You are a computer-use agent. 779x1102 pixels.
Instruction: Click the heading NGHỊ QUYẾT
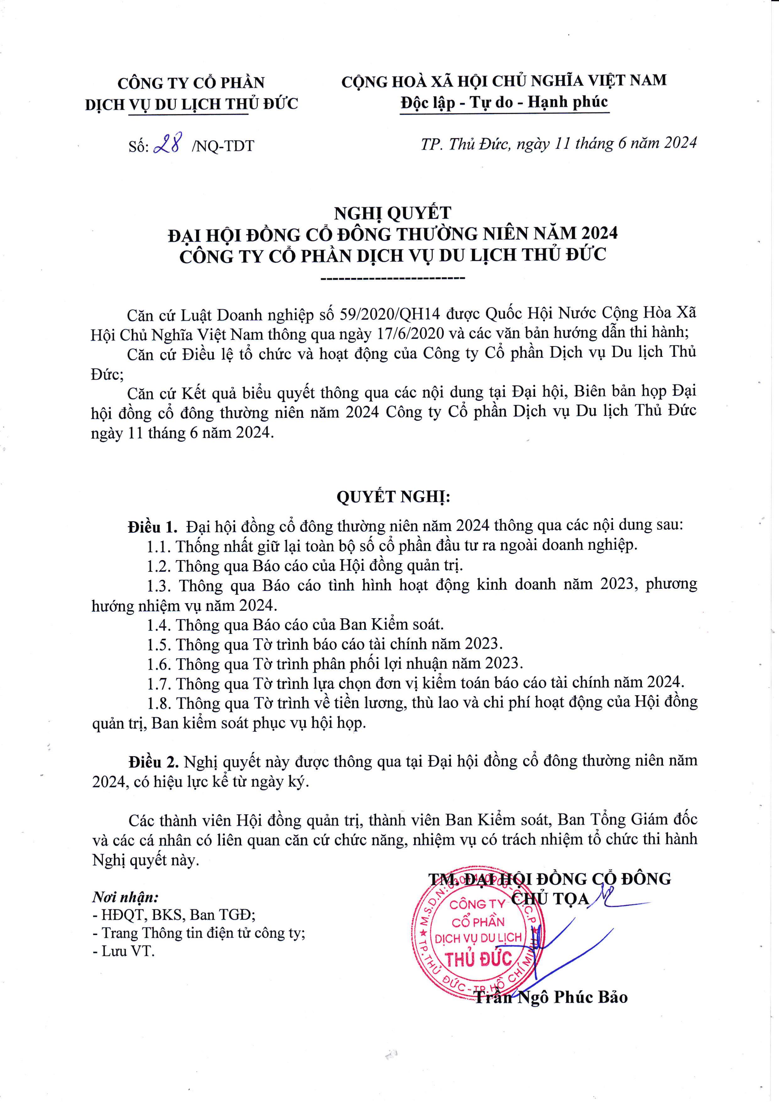point(392,213)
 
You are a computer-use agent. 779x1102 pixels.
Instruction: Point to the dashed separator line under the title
point(392,278)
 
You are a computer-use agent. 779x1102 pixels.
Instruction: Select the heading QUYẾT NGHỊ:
point(393,497)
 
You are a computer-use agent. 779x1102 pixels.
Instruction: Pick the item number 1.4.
point(159,625)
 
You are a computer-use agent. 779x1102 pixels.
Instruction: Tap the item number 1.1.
point(159,546)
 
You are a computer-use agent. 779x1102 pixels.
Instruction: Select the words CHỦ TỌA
point(550,898)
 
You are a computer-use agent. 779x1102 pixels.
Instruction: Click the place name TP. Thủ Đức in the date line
point(464,144)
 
